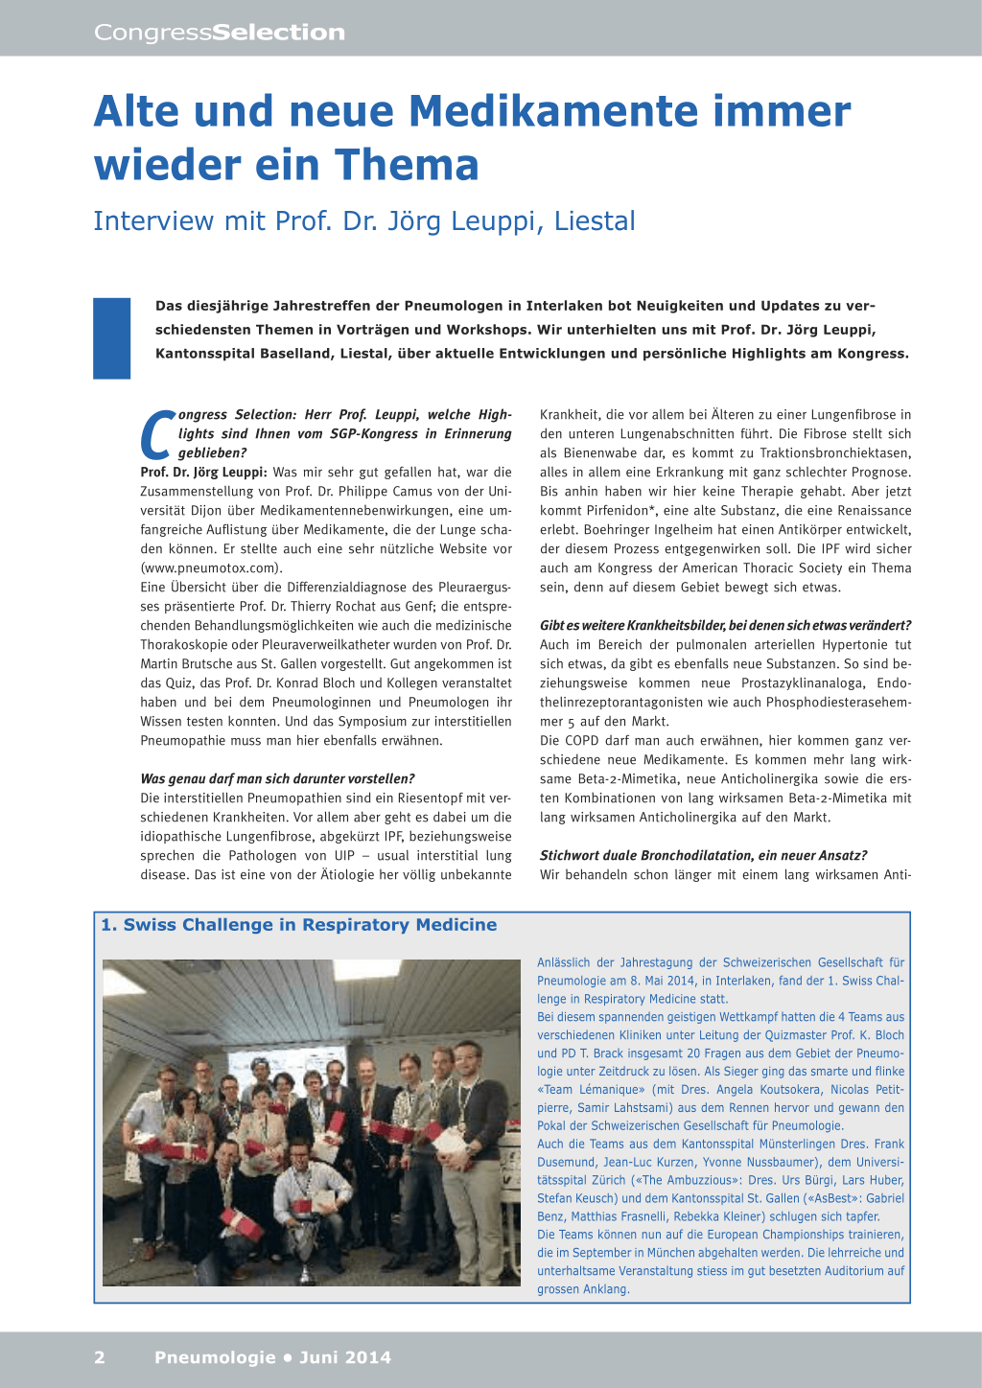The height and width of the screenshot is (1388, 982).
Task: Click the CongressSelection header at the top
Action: (220, 33)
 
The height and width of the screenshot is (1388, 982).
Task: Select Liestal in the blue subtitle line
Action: (595, 221)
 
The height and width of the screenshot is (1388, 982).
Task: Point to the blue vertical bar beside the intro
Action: (111, 337)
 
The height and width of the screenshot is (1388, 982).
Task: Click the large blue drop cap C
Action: (157, 435)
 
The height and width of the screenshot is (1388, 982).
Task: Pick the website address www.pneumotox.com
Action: (210, 568)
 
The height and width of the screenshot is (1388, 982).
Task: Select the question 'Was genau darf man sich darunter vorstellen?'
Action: (277, 779)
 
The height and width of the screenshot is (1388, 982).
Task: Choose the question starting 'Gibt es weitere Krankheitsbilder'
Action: (725, 626)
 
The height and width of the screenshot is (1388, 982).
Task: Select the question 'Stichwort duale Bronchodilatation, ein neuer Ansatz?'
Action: (703, 856)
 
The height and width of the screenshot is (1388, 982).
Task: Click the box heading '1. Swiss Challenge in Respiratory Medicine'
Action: (299, 925)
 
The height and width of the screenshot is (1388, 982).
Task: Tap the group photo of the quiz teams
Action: (311, 1122)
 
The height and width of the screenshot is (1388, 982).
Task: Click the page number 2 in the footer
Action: (100, 1357)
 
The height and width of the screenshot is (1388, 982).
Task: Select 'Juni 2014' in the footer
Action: (345, 1357)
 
